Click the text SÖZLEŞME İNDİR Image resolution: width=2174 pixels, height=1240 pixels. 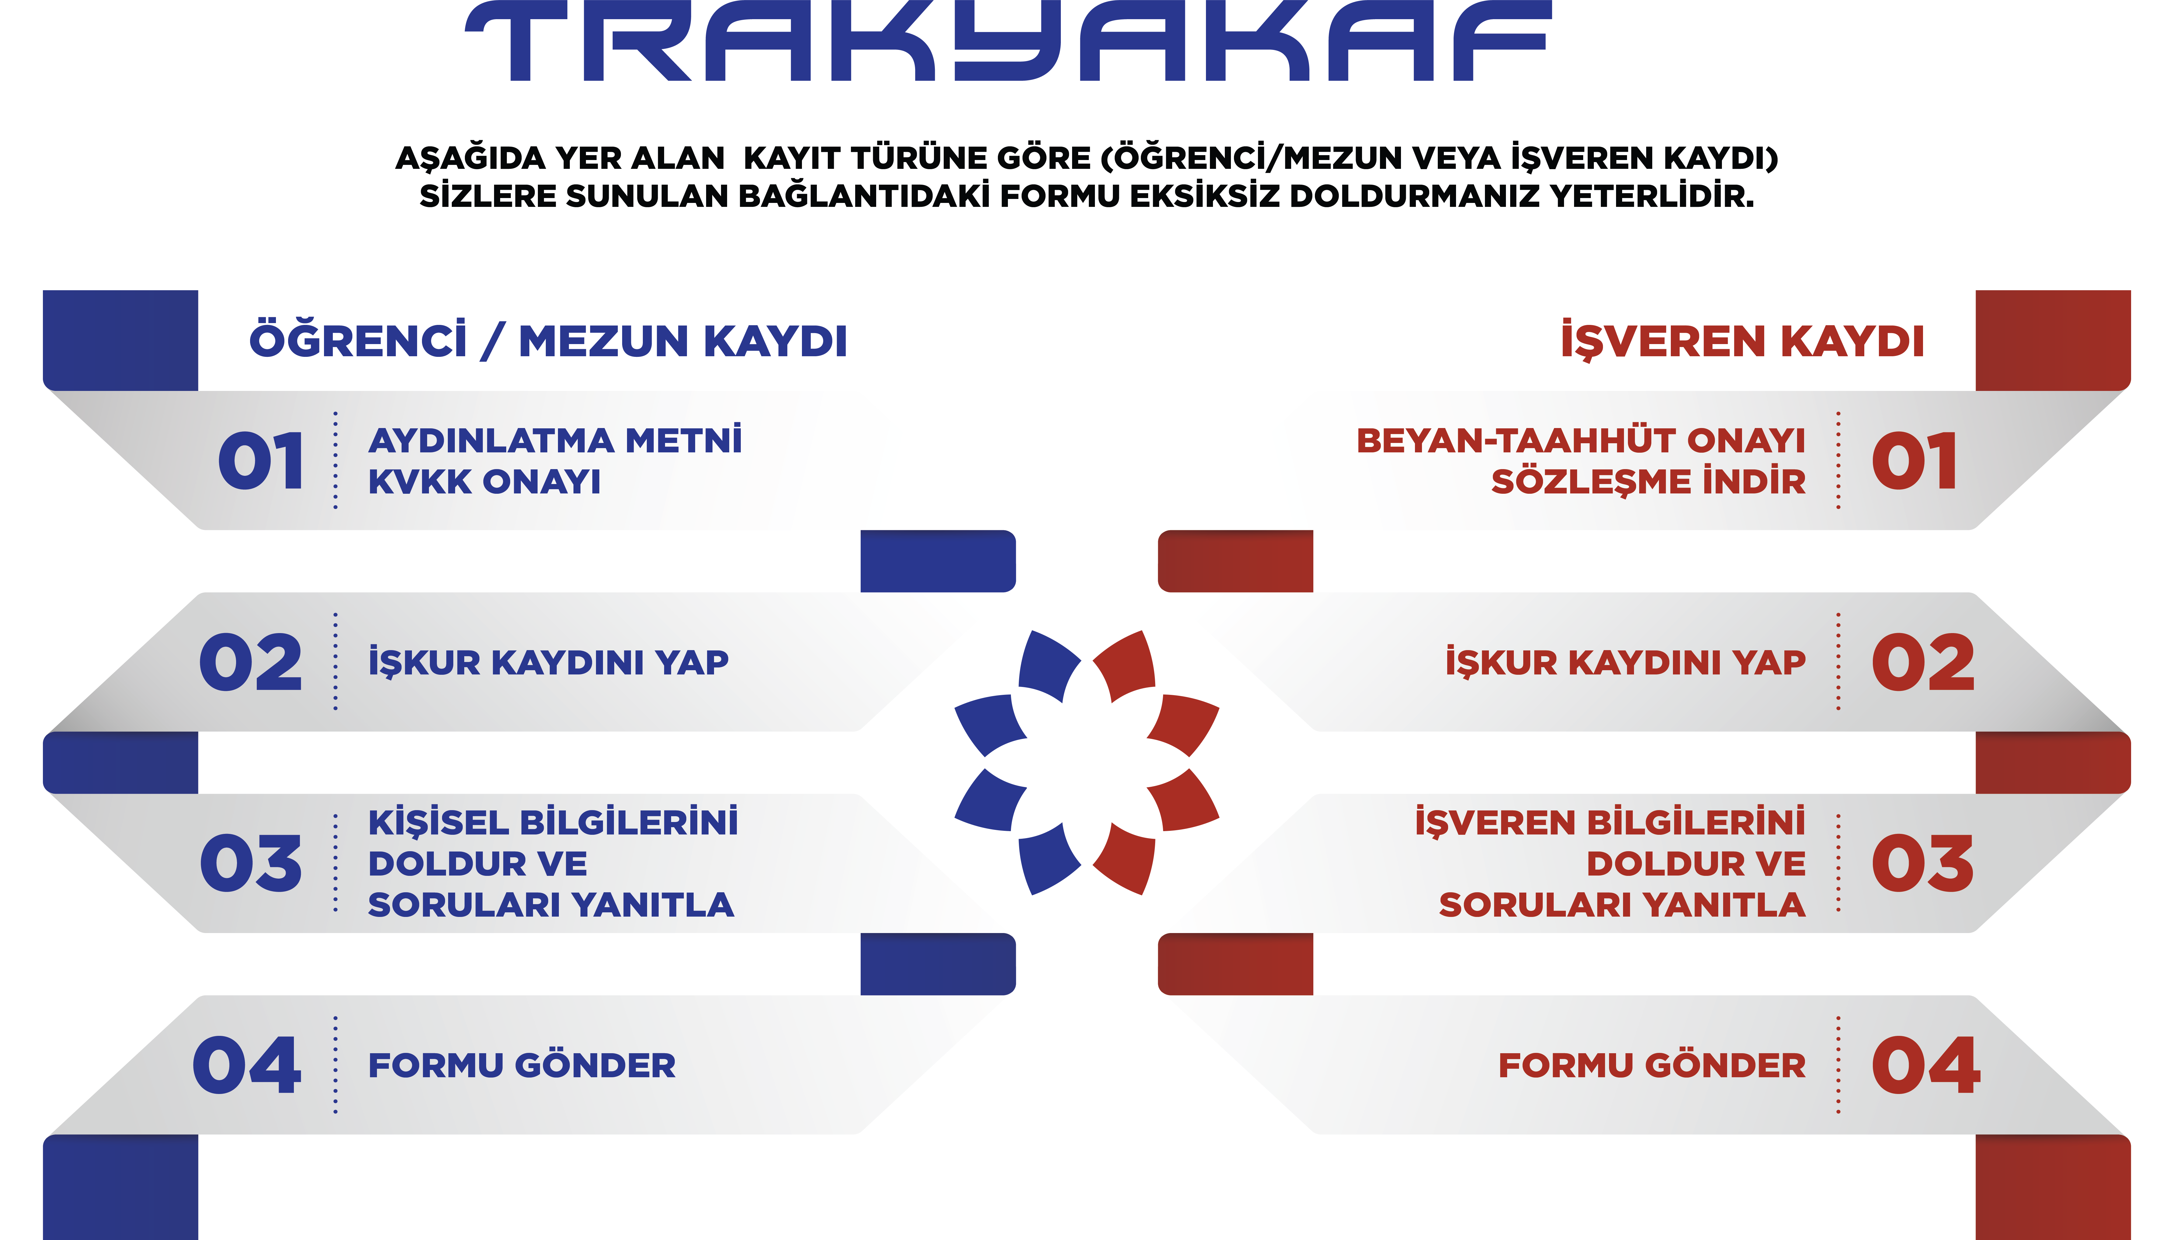point(1648,481)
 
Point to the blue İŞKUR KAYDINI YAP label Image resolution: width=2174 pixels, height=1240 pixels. point(549,662)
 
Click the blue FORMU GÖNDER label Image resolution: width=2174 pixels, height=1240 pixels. point(521,1065)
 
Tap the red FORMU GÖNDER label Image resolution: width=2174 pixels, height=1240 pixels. point(1652,1065)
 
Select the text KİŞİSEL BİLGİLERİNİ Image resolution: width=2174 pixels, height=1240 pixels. point(553,822)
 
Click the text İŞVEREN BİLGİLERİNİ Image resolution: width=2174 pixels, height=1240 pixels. point(1609,822)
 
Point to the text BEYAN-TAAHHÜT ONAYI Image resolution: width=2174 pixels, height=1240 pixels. point(1580,440)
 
